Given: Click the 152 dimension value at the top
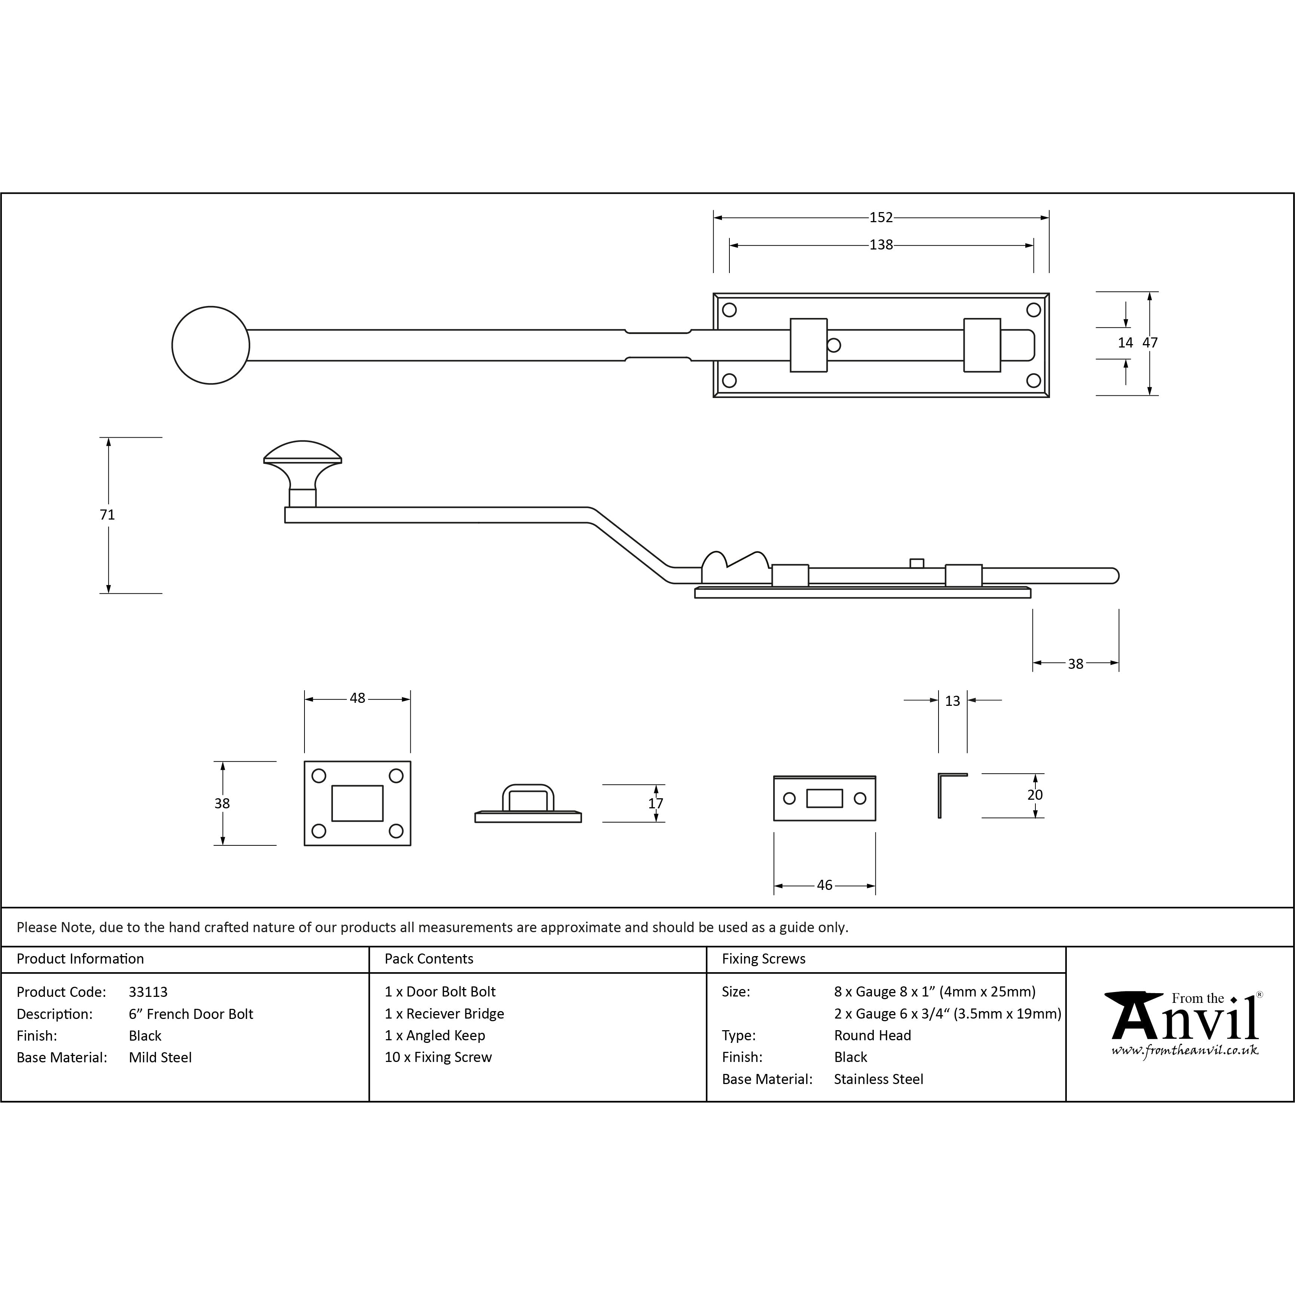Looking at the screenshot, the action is (881, 217).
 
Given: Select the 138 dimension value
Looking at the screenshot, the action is (881, 245).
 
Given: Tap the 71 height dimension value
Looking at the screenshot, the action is (107, 515).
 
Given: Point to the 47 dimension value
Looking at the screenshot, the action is (1150, 343).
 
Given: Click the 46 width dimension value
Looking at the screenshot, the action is (824, 885).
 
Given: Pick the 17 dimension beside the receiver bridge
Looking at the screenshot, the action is (656, 803).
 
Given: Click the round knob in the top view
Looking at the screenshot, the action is (211, 345).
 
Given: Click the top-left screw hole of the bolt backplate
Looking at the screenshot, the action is (730, 310).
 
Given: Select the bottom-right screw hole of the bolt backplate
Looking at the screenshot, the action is (1034, 381).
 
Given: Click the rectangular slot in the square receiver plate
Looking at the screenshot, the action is (357, 803).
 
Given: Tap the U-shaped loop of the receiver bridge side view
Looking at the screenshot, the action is (528, 797).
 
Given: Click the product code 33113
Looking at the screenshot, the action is (148, 992).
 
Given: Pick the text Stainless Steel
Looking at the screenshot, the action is (879, 1079).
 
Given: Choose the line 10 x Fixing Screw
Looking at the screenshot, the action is (438, 1057).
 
